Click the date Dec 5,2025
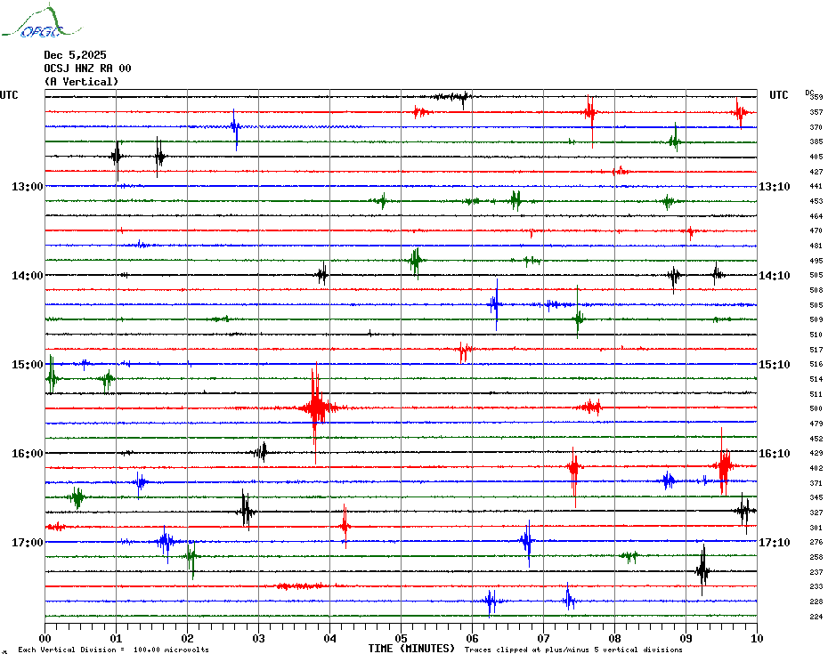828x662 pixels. pyautogui.click(x=75, y=55)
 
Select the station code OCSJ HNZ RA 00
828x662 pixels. pyautogui.click(x=87, y=69)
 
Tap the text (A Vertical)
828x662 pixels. pyautogui.click(x=81, y=82)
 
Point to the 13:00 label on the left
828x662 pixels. pyautogui.click(x=28, y=187)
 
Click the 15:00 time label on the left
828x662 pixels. pyautogui.click(x=28, y=365)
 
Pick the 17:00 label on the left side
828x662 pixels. pyautogui.click(x=28, y=543)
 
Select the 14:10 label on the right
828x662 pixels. pyautogui.click(x=774, y=276)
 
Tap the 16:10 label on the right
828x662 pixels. pyautogui.click(x=774, y=454)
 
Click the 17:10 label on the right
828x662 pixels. pyautogui.click(x=774, y=543)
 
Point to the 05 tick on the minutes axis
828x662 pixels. pyautogui.click(x=401, y=638)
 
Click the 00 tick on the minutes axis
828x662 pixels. pyautogui.click(x=45, y=638)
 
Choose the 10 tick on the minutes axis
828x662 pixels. pyautogui.click(x=757, y=638)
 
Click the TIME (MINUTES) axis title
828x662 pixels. pyautogui.click(x=411, y=649)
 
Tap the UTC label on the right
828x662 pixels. pyautogui.click(x=779, y=95)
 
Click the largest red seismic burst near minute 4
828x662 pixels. pyautogui.click(x=315, y=408)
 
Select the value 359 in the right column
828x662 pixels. pyautogui.click(x=816, y=97)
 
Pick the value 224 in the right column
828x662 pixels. pyautogui.click(x=816, y=617)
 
